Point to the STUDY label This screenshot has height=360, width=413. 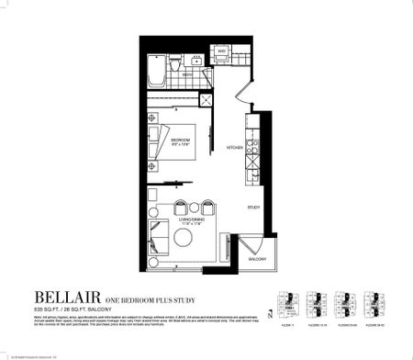254,207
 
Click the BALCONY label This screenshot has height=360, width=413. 256,260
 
